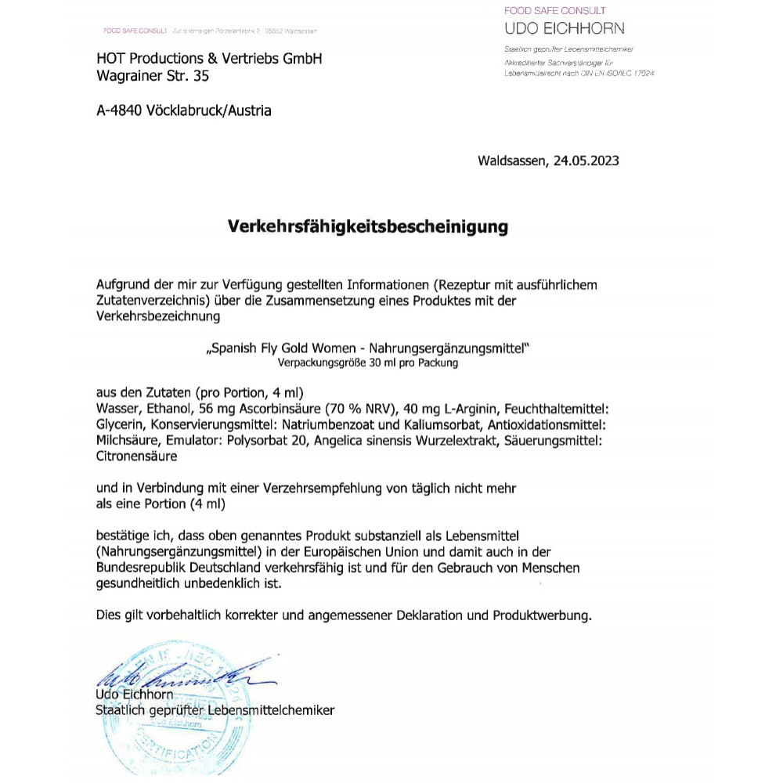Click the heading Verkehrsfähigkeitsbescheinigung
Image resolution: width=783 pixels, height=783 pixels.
pos(367,227)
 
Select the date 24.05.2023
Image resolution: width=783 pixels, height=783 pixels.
pos(586,161)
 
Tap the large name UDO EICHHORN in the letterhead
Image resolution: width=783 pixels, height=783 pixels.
pos(565,29)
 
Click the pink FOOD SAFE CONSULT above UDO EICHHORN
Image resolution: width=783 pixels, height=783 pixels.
pos(554,11)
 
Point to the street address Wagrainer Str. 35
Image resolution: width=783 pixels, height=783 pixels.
pos(153,77)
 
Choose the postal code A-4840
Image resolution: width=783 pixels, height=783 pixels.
pos(119,111)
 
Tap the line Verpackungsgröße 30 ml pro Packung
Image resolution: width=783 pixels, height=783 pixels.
pos(367,363)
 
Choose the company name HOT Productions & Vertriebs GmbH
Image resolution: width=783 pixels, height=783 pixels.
pos(209,60)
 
